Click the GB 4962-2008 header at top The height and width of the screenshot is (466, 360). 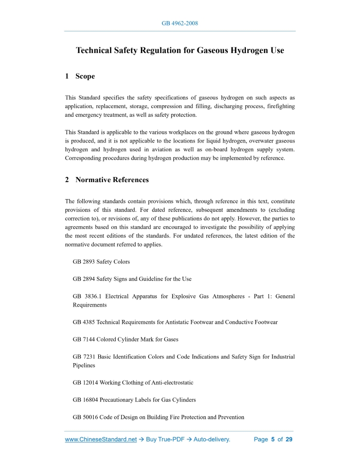click(x=179, y=23)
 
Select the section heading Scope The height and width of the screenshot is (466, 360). click(x=85, y=76)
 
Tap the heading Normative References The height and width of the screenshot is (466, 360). click(x=112, y=180)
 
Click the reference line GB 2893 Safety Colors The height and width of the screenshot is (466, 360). click(x=101, y=262)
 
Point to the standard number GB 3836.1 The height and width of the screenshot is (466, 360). click(x=86, y=296)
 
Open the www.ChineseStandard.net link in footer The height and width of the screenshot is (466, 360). click(x=101, y=440)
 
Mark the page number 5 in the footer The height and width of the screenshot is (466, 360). click(x=273, y=440)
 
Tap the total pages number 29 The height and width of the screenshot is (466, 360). click(x=289, y=440)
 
